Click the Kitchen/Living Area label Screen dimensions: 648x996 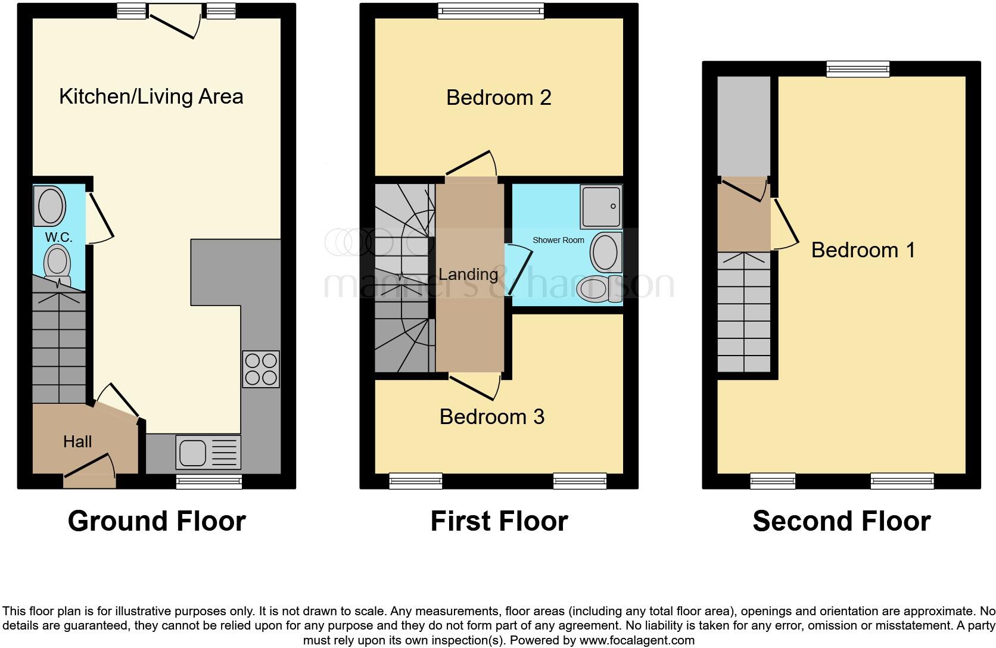tap(151, 96)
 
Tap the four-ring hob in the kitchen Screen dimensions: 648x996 tap(261, 369)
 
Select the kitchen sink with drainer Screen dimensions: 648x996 tap(208, 452)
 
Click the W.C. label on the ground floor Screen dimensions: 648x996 tap(58, 237)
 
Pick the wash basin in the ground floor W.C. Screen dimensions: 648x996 tap(51, 205)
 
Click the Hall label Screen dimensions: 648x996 tap(77, 441)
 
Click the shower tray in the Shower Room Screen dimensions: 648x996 tap(601, 207)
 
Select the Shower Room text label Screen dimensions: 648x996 tap(558, 240)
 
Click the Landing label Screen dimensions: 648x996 tap(468, 274)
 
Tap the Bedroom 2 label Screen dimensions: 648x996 tap(499, 98)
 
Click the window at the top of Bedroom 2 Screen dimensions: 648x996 tap(491, 11)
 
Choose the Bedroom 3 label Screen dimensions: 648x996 tap(491, 416)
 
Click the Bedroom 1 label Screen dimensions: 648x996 tap(863, 250)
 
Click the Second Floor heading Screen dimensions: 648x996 tap(841, 521)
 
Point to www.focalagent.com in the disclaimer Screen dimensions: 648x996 tap(637, 641)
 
